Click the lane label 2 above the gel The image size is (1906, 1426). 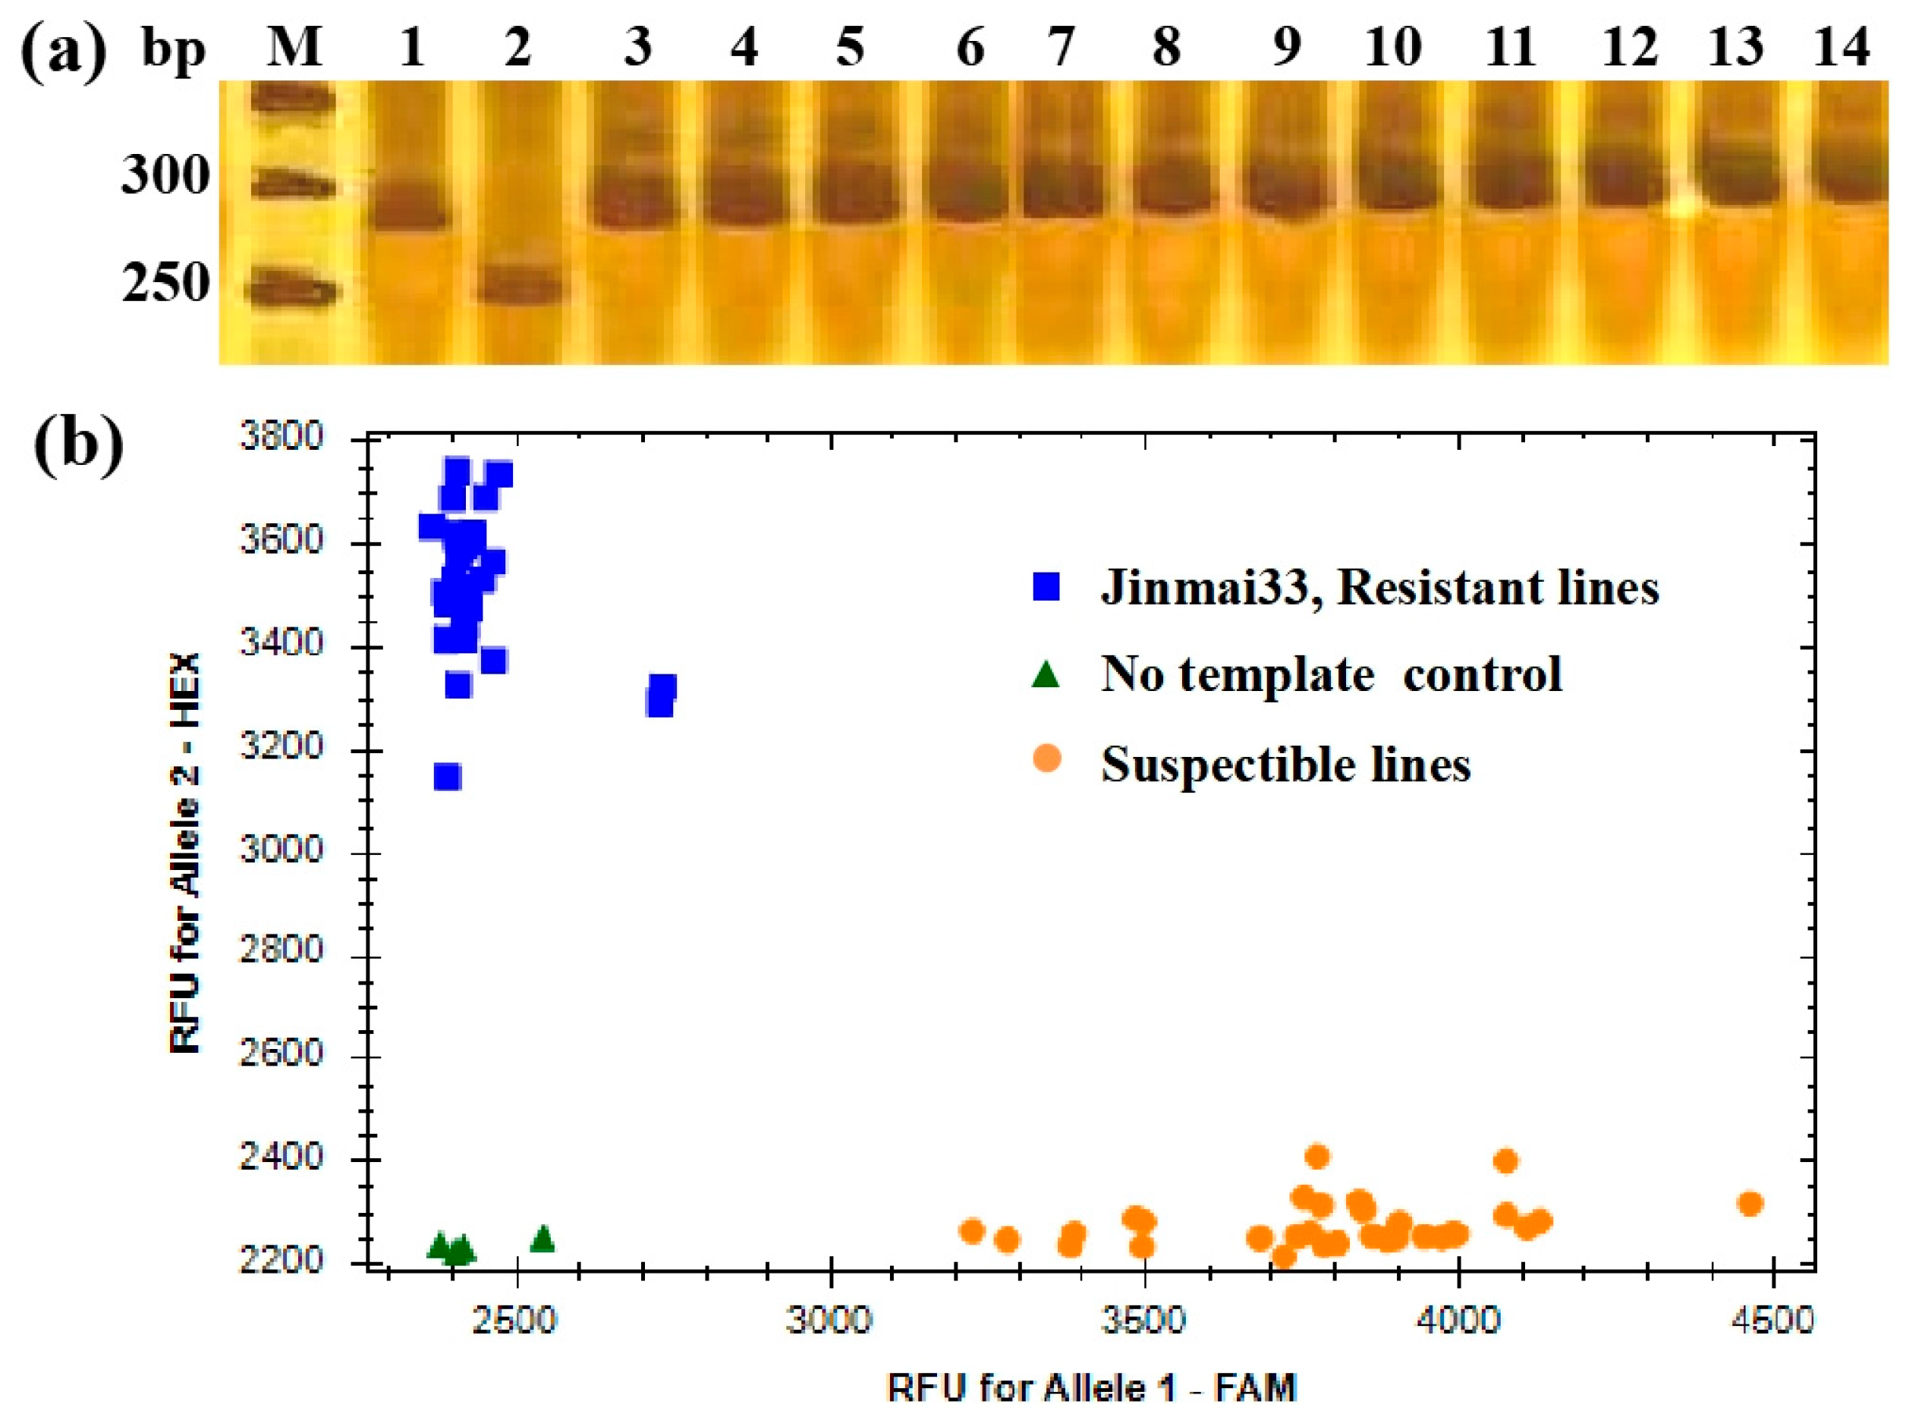click(518, 46)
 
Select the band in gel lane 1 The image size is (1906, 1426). click(412, 209)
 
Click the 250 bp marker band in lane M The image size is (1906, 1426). click(293, 290)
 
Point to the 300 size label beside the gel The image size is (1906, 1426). click(165, 175)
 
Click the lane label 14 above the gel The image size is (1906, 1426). click(1842, 46)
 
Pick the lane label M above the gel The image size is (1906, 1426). click(294, 46)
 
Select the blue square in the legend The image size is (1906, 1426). click(1046, 587)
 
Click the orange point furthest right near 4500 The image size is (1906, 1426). click(1750, 1204)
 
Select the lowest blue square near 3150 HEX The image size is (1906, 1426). click(447, 777)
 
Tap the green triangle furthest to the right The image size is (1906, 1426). click(543, 1239)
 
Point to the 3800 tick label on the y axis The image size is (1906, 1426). click(281, 437)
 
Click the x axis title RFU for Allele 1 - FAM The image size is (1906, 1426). click(1092, 1388)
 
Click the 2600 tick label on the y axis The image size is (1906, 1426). click(281, 1054)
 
